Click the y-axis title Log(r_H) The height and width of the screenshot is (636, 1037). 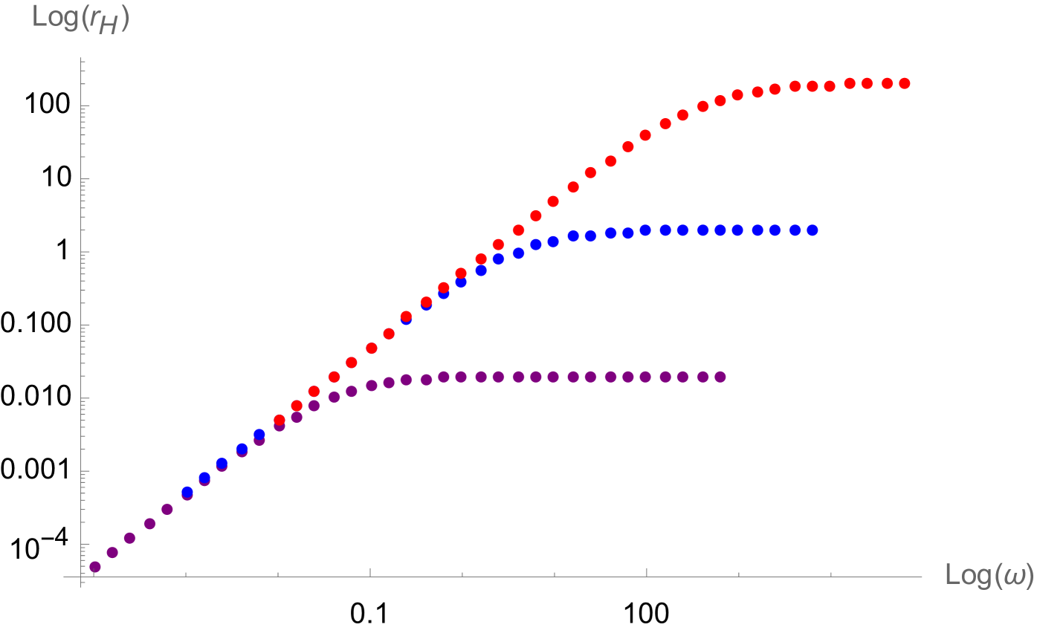81,17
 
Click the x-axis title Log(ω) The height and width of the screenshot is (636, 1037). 989,575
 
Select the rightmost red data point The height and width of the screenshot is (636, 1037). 905,83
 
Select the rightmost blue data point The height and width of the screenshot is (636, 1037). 813,230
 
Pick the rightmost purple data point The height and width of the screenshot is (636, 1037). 720,377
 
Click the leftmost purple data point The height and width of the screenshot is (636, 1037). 95,567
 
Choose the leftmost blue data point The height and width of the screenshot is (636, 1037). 187,492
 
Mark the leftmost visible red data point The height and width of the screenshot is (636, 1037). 280,420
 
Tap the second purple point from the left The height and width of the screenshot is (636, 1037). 112,552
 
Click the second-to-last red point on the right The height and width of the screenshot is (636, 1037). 887,83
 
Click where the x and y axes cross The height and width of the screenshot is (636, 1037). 81,576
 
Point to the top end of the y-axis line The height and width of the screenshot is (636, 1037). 81,58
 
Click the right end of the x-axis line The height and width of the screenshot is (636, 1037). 922,576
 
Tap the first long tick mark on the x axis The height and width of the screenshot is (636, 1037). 370,572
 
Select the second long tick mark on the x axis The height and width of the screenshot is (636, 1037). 647,572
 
